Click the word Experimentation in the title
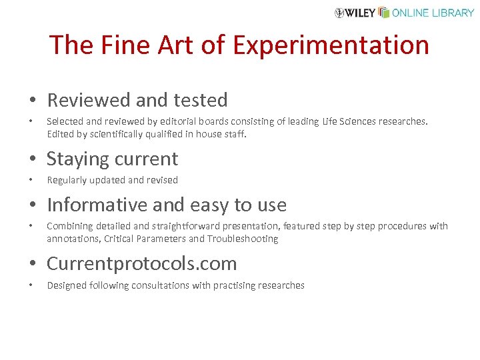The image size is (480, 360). click(331, 45)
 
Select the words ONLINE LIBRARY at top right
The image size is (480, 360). click(433, 13)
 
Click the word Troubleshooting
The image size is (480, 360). click(243, 239)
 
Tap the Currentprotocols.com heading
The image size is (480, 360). click(142, 263)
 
